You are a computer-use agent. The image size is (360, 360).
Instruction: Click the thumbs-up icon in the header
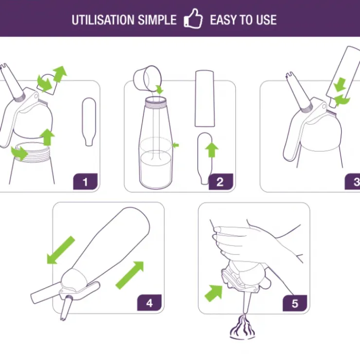(x=193, y=19)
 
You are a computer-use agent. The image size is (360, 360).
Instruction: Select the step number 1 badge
(x=86, y=181)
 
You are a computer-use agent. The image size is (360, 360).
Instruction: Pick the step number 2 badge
(x=221, y=181)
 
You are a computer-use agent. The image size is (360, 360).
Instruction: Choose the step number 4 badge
(x=149, y=303)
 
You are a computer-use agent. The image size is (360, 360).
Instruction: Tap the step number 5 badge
(x=295, y=303)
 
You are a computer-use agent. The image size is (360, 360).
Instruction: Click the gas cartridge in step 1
(x=89, y=122)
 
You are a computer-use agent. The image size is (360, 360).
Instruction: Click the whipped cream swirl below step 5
(x=242, y=327)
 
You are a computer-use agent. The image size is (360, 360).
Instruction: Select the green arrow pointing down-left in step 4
(x=61, y=250)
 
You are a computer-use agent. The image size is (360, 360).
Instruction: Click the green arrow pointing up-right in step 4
(x=130, y=275)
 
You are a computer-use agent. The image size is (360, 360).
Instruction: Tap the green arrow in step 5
(x=214, y=293)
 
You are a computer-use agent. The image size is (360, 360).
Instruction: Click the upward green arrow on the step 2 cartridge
(x=212, y=150)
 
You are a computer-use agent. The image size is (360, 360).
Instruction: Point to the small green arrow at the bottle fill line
(x=176, y=145)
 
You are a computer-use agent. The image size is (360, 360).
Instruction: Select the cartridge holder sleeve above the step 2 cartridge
(x=205, y=98)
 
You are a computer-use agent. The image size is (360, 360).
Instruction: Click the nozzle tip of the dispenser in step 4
(x=62, y=318)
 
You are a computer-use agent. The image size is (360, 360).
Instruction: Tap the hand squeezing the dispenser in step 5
(x=250, y=243)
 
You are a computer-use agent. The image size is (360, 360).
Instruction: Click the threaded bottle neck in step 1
(x=32, y=152)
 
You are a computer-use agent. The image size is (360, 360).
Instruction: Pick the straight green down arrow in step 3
(x=340, y=85)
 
